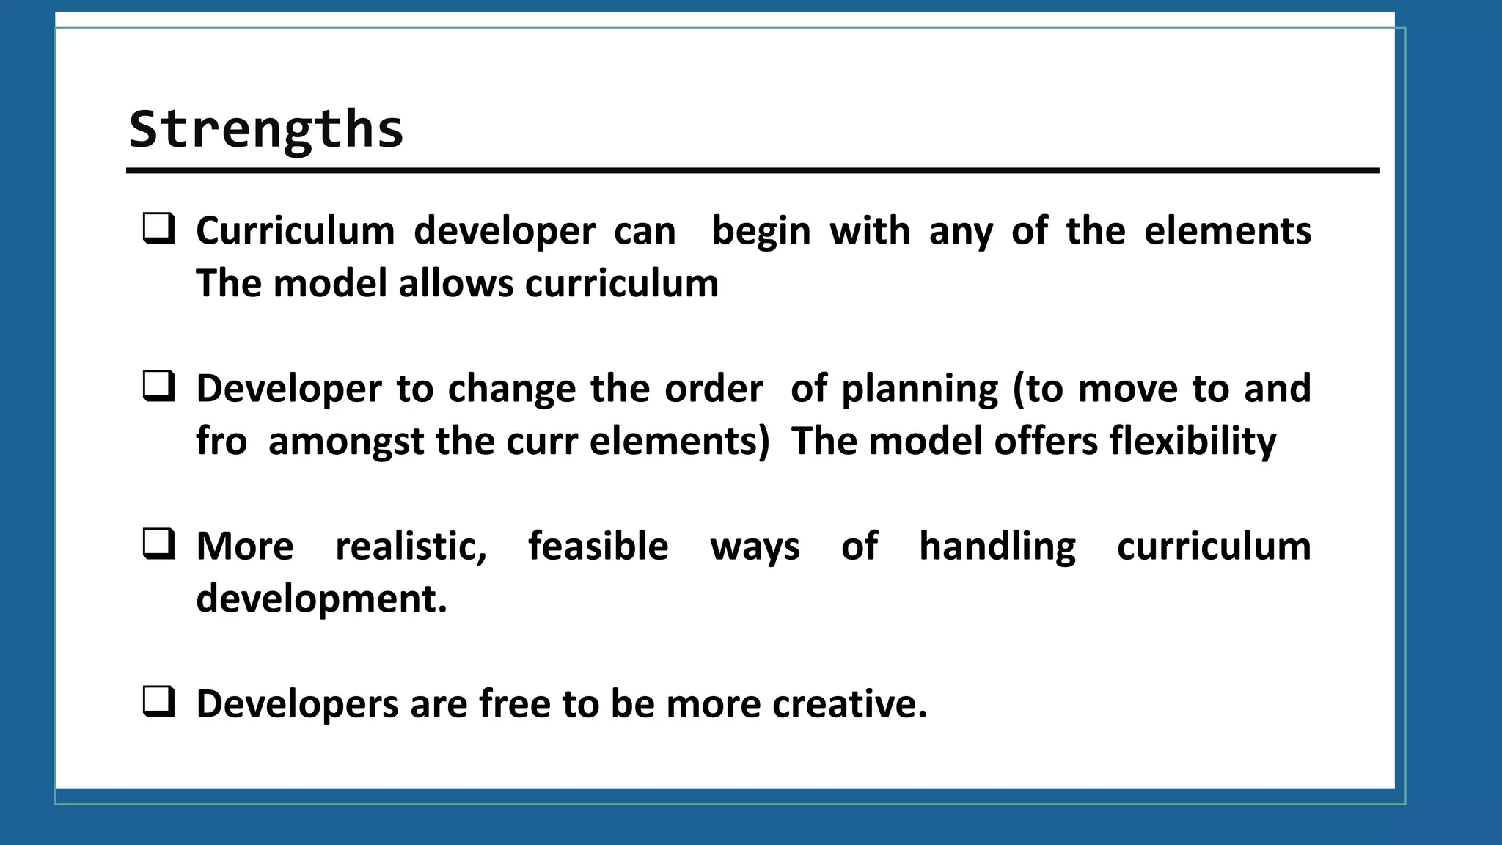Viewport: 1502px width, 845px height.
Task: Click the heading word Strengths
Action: pyautogui.click(x=265, y=129)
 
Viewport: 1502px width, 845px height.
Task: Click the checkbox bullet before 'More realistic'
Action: pyautogui.click(x=158, y=544)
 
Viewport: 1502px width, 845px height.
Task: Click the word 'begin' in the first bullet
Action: pyautogui.click(x=761, y=231)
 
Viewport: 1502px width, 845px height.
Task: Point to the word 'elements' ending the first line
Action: pyautogui.click(x=1227, y=231)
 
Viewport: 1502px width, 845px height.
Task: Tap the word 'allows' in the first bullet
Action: pyautogui.click(x=455, y=284)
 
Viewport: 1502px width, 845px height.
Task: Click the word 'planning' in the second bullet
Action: pyautogui.click(x=920, y=389)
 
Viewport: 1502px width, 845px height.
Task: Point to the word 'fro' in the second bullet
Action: pyautogui.click(x=221, y=442)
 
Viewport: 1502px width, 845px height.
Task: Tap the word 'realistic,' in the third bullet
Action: pyautogui.click(x=411, y=546)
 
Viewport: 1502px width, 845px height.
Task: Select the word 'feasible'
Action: pyautogui.click(x=598, y=546)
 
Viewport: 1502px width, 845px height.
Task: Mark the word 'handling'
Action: pyautogui.click(x=997, y=546)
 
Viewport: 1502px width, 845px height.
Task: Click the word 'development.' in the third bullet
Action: pyautogui.click(x=321, y=599)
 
